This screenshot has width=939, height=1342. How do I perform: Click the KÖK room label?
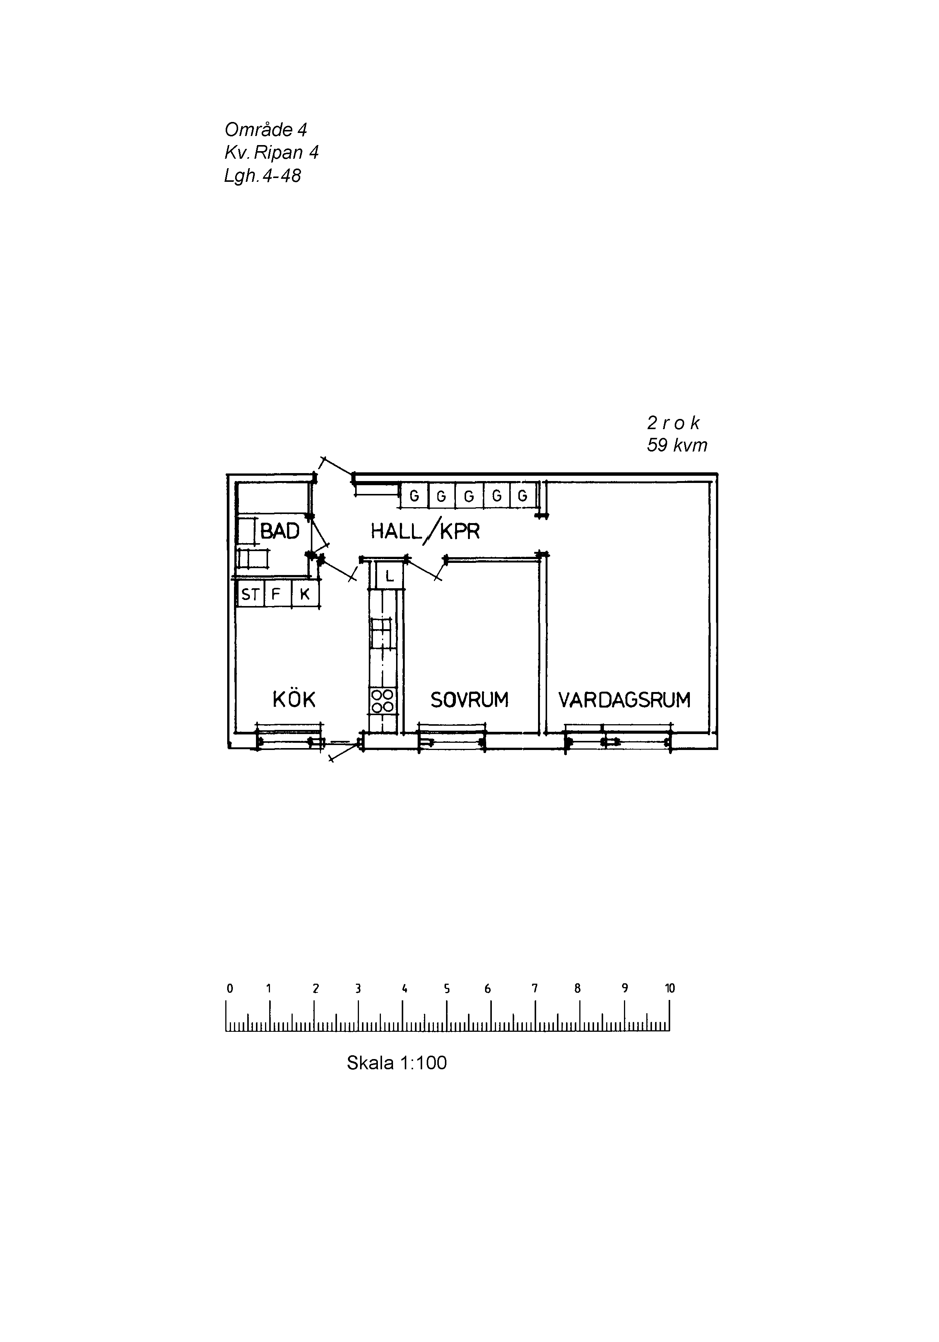[294, 699]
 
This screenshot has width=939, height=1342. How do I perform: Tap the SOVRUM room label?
[469, 700]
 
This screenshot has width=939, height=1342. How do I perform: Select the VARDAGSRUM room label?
[624, 700]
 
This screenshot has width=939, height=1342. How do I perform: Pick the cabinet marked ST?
[250, 594]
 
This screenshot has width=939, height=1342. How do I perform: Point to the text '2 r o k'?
[673, 423]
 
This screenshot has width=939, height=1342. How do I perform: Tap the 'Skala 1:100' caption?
[397, 1062]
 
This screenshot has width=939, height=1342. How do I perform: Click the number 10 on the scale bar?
[670, 988]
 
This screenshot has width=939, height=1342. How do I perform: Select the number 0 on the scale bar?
[229, 988]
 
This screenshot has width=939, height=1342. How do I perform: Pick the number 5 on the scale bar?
[446, 988]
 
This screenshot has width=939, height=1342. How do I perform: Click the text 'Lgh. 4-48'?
[262, 175]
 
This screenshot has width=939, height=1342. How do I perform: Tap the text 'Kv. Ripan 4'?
[271, 153]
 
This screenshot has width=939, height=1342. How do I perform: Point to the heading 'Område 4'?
[265, 129]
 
